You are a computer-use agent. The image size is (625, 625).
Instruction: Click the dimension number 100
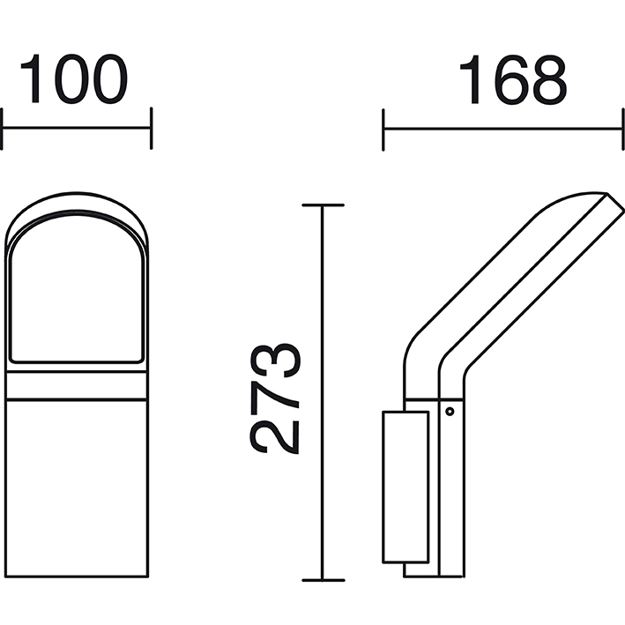point(74,78)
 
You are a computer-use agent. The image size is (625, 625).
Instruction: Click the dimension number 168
point(513,79)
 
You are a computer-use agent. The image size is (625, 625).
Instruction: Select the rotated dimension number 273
point(275,398)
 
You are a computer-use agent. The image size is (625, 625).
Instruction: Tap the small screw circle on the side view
point(450,412)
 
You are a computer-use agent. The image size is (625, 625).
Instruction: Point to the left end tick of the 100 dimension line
point(2,129)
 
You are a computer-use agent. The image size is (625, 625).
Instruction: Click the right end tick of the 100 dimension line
point(151,129)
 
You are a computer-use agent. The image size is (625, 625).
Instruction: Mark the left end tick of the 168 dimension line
point(383,130)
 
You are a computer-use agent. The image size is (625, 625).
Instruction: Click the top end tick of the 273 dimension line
point(323,205)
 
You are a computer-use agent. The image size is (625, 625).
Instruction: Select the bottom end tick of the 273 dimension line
point(323,580)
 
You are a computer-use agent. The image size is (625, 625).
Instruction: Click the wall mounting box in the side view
point(406,487)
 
